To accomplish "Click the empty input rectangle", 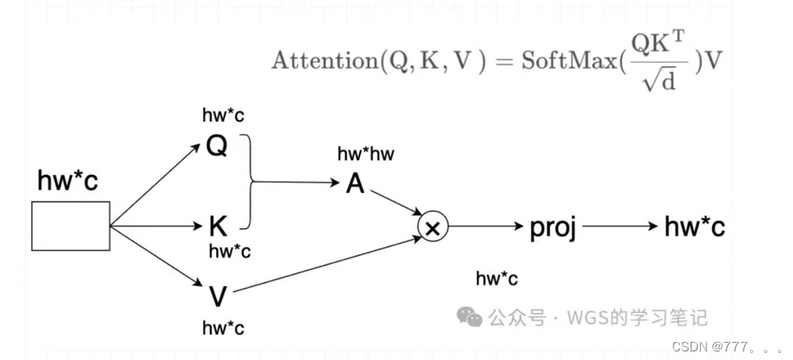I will coord(70,226).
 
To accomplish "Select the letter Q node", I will coord(216,146).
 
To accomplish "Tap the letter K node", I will coord(218,227).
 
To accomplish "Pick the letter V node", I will coord(218,296).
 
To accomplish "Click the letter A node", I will coord(355,184).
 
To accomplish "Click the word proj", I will coord(553,227).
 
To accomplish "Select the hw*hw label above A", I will coord(365,154).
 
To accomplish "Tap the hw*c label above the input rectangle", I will coord(68,180).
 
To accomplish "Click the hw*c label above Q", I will coord(223,116).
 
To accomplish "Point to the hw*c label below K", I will coord(229,251).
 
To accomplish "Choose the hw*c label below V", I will coord(223,328).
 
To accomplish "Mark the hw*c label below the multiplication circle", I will coord(496,279).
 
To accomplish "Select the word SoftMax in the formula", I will coord(567,61).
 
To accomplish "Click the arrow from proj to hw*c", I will coord(620,226).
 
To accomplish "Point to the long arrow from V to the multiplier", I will coord(328,264).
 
